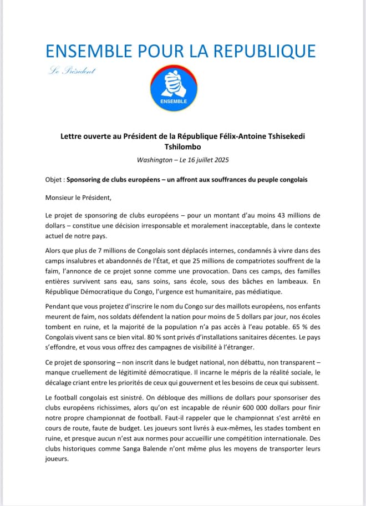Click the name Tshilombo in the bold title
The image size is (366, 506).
182,147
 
